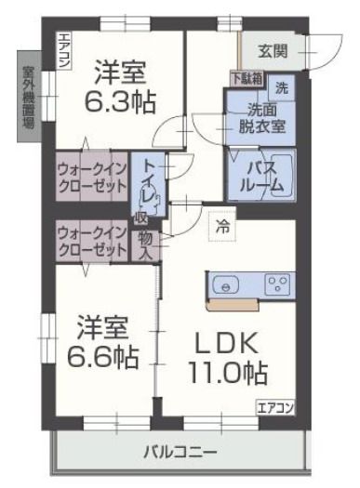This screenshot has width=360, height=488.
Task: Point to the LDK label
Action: (x=224, y=344)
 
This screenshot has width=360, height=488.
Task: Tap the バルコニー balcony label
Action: (x=180, y=453)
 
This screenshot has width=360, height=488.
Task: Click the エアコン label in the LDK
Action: (x=275, y=407)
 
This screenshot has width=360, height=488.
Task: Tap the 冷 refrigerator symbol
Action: (x=222, y=225)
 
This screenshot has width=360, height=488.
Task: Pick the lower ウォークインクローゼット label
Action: (x=91, y=241)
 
